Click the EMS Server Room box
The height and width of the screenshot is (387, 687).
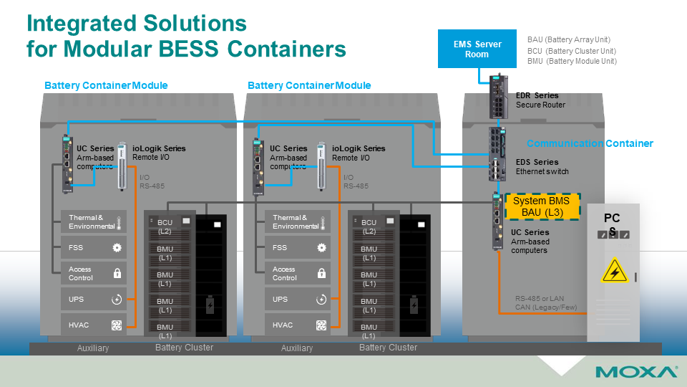pyautogui.click(x=477, y=49)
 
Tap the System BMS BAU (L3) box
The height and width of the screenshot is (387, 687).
pyautogui.click(x=542, y=206)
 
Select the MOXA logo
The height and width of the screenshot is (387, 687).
pyautogui.click(x=636, y=372)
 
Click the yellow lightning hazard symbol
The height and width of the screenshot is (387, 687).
pyautogui.click(x=614, y=272)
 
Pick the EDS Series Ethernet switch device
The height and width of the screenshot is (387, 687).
pyautogui.click(x=498, y=153)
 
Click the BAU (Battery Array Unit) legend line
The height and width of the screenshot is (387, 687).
pyautogui.click(x=568, y=39)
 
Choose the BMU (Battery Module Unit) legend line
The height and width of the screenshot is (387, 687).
pyautogui.click(x=571, y=62)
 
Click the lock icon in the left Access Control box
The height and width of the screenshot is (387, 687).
pyautogui.click(x=117, y=273)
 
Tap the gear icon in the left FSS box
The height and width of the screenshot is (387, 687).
pyautogui.click(x=117, y=247)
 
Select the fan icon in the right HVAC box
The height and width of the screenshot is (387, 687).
pyautogui.click(x=321, y=325)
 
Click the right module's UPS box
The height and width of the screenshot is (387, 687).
pyautogui.click(x=297, y=300)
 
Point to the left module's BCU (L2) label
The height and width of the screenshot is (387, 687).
pyautogui.click(x=165, y=226)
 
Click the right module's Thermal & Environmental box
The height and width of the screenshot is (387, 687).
pyautogui.click(x=297, y=222)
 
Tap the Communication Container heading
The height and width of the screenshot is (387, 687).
pyautogui.click(x=590, y=143)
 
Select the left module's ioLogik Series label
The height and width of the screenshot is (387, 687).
pyautogui.click(x=159, y=148)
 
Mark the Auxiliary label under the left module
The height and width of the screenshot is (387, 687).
pyautogui.click(x=93, y=348)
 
